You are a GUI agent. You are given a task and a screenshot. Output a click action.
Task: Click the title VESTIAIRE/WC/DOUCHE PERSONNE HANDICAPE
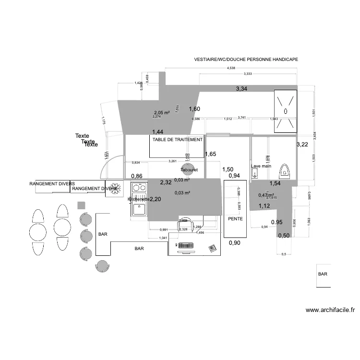pos(246,60)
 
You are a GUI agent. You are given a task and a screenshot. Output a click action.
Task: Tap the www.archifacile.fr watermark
pos(330,310)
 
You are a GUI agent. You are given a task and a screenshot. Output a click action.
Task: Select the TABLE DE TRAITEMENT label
pos(177,140)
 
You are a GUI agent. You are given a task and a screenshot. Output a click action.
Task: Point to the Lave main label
pos(261,166)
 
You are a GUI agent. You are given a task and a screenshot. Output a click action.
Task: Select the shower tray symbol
pos(286,111)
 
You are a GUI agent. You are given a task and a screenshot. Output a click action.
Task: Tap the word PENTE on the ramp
pos(235,218)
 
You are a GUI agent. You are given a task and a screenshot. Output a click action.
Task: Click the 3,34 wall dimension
pos(241,89)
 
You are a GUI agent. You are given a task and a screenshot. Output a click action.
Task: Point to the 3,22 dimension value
pos(302,144)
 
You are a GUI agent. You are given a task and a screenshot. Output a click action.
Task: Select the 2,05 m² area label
pos(162,112)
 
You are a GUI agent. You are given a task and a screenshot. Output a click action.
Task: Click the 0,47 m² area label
pos(266,195)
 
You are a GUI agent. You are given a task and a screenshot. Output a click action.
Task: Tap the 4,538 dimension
pos(231,68)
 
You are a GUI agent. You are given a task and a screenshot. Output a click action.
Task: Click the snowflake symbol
pos(115,188)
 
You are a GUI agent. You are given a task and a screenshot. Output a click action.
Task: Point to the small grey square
pos(81,205)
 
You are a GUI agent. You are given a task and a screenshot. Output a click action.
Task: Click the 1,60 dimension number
pos(194,109)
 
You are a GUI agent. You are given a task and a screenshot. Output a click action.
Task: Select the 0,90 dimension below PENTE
pos(234,243)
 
